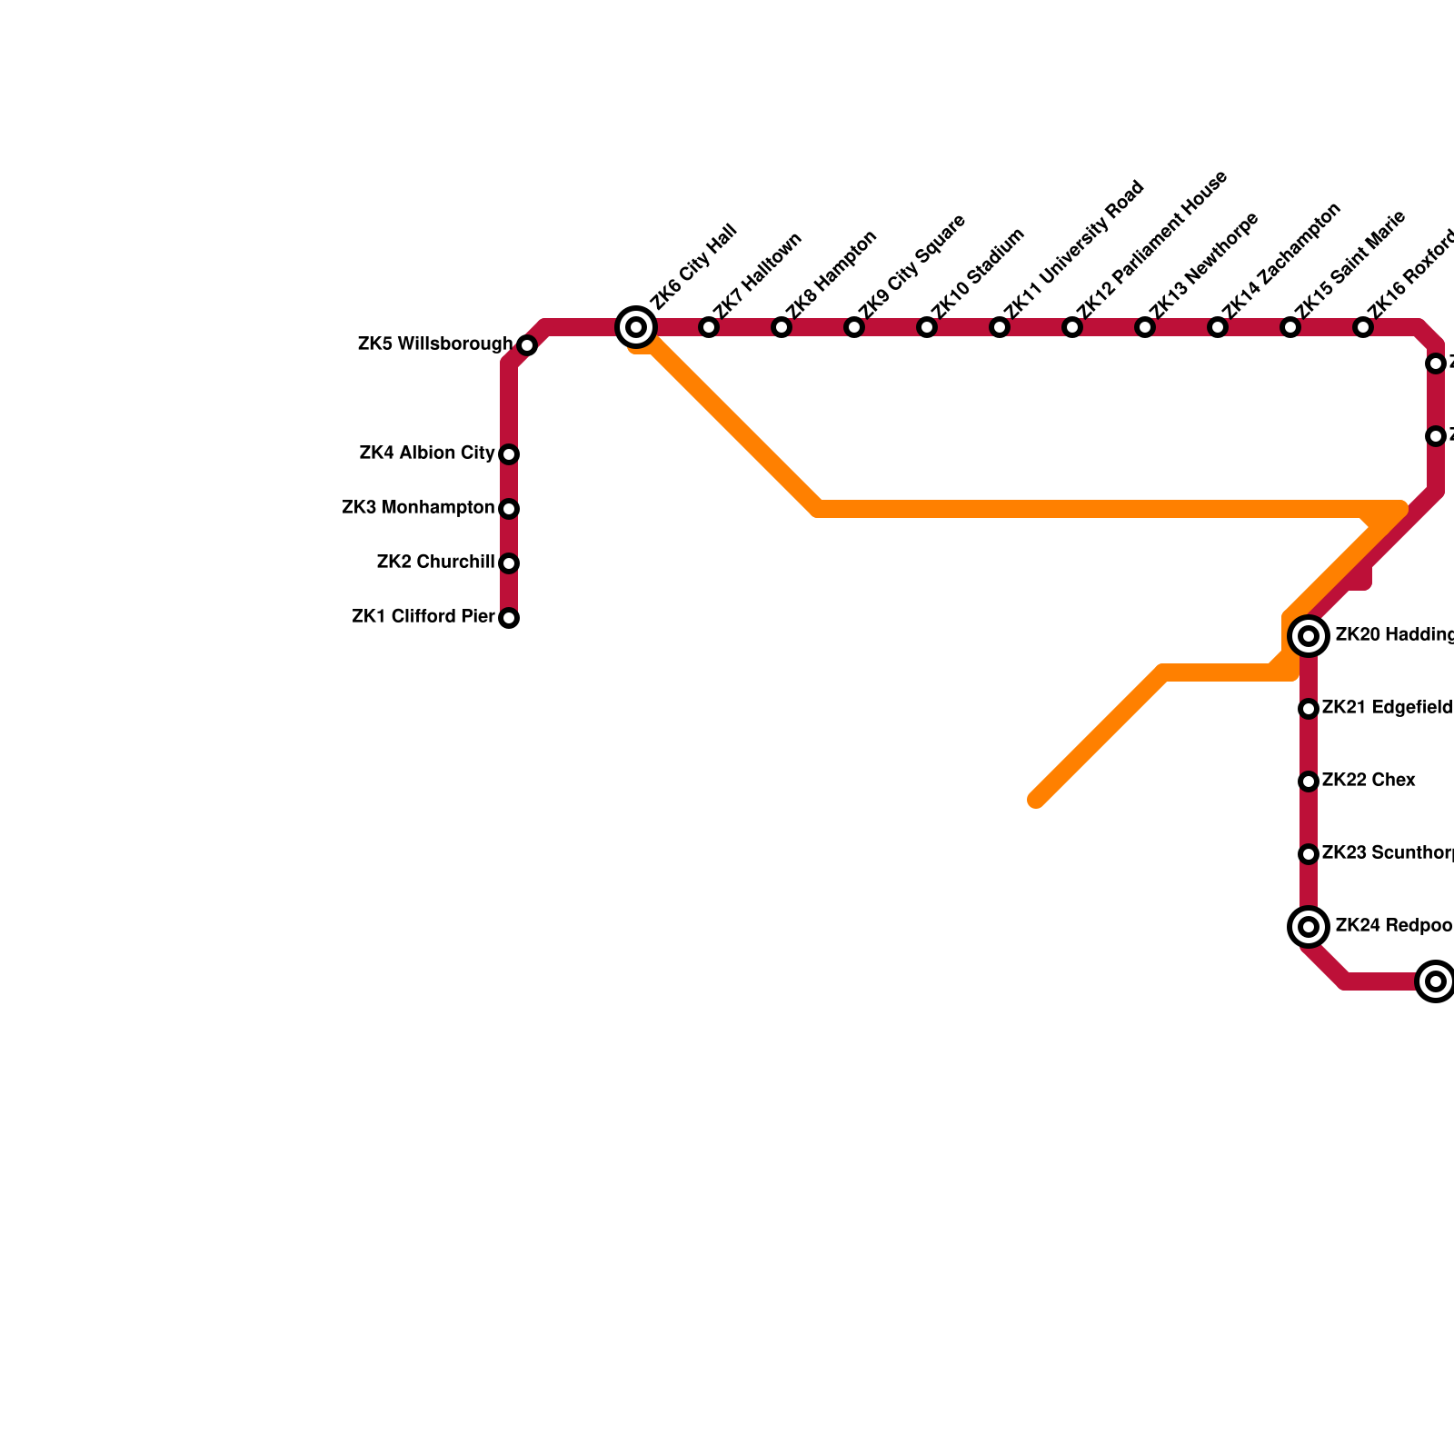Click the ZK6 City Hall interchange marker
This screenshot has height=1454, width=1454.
637,327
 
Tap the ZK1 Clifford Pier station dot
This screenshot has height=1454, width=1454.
509,618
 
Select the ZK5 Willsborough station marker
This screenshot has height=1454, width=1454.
527,345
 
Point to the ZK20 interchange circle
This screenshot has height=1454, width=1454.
1309,636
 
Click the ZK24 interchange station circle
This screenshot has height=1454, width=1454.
1309,927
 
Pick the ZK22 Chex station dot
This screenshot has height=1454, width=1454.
1309,782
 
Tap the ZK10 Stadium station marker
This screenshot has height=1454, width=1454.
927,327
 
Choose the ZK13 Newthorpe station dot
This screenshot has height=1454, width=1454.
1145,327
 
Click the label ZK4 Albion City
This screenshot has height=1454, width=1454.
427,453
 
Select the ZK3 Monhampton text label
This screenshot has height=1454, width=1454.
418,508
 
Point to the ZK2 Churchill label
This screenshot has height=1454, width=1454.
435,563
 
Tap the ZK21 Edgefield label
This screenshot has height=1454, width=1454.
1387,708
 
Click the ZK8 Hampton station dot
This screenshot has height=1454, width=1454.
782,327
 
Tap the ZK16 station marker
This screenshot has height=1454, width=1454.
1363,327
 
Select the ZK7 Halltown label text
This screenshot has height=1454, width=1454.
758,276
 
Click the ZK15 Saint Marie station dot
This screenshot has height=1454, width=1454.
1290,327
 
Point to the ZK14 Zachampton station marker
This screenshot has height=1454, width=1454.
1218,327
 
